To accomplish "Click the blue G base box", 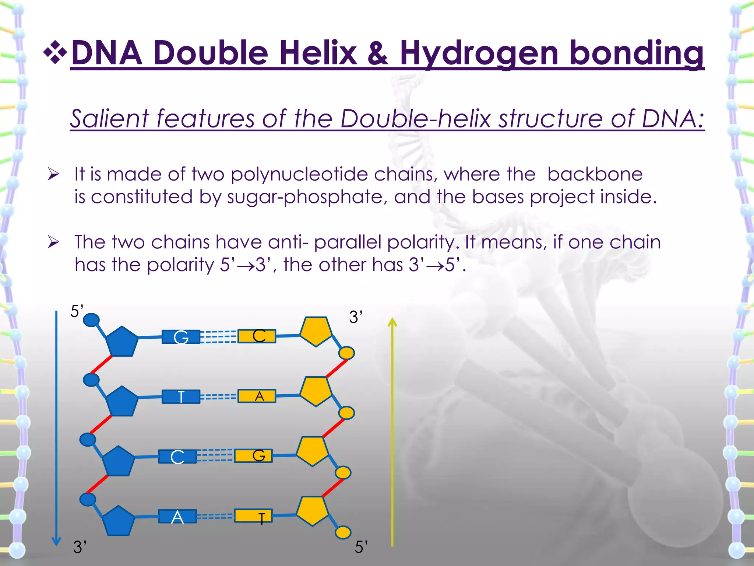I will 181,337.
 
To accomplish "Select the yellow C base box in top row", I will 257,336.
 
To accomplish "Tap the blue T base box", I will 181,397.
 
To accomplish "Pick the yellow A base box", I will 257,396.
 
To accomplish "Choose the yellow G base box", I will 253,456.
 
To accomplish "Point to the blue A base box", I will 177,517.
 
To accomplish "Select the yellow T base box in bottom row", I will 253,516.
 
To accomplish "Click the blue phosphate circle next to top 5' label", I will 91,320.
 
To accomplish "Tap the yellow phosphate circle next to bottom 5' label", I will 343,532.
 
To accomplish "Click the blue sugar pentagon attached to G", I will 121,342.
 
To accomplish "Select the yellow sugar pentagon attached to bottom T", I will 312,510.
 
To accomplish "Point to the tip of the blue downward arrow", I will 56,545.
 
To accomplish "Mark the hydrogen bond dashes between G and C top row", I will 219,337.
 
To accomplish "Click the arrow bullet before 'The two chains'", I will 53,242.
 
